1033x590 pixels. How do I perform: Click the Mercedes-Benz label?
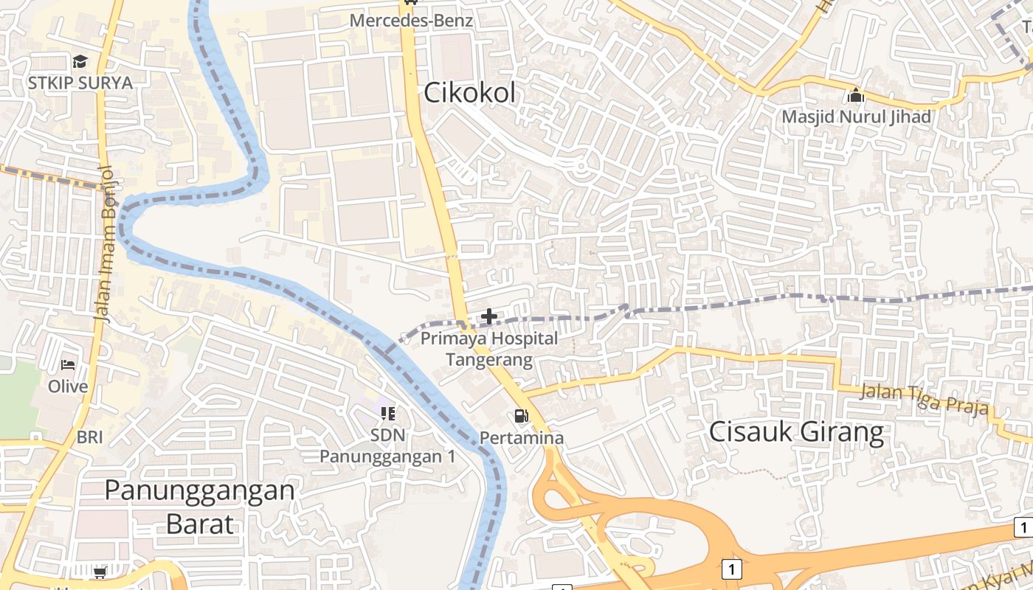411,21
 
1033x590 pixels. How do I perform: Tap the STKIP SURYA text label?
80,83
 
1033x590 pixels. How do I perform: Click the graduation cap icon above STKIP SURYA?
80,61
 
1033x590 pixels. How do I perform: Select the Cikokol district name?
470,94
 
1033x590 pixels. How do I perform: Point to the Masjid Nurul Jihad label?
856,117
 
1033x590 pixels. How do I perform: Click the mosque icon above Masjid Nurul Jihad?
856,95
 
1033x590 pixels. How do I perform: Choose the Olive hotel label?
68,386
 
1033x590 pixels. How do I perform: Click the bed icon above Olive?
68,365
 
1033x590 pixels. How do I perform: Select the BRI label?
90,437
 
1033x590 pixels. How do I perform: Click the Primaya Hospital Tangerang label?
489,350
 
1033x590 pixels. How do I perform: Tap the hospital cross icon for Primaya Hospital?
488,317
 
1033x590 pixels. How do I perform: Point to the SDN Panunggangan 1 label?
388,445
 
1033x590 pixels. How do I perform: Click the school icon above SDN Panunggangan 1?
388,414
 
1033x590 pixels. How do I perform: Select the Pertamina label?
522,438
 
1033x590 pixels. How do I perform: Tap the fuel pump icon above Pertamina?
522,416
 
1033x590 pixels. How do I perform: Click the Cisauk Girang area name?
796,432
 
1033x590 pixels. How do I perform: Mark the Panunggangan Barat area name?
199,506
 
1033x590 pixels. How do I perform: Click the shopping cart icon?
100,572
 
